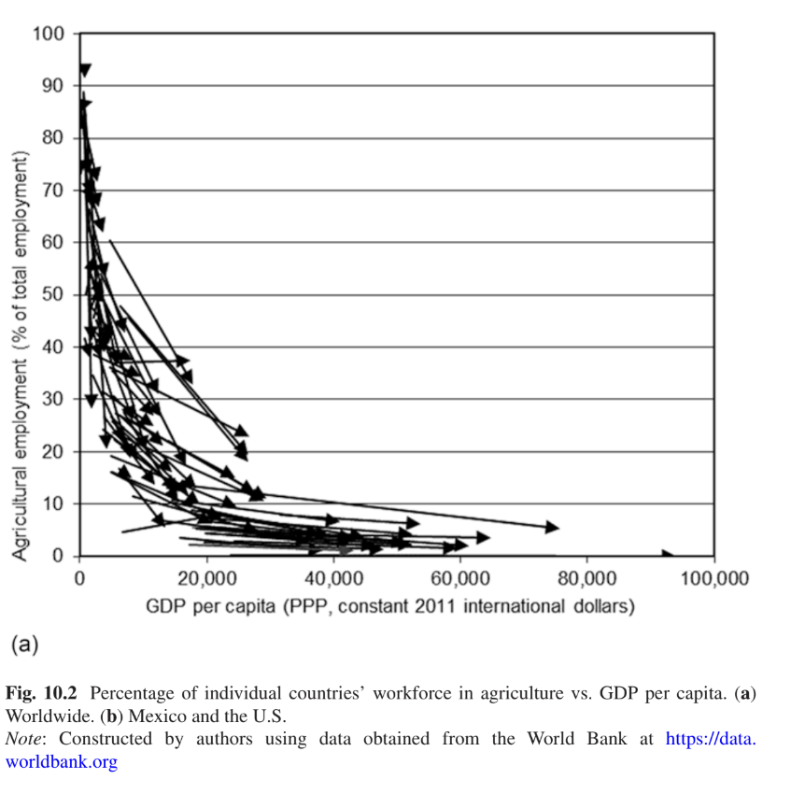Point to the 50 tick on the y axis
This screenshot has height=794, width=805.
coord(54,295)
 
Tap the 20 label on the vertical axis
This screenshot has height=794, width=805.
coord(54,452)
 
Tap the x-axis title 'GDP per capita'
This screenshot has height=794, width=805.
coord(389,606)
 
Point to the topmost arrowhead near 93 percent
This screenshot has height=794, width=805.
coord(85,70)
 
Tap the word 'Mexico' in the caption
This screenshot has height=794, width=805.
coord(147,716)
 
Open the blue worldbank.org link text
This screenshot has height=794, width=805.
coord(62,760)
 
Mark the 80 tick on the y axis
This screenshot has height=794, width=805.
coord(54,138)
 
